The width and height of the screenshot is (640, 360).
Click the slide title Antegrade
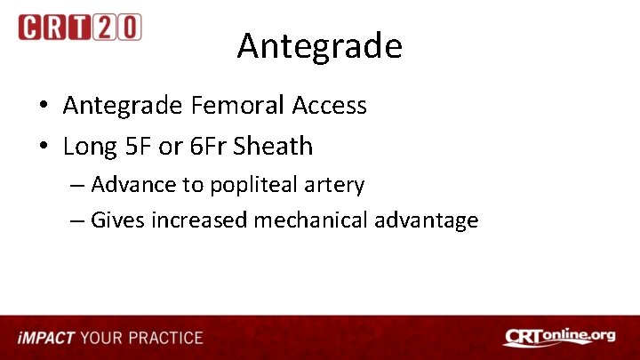pos(319,46)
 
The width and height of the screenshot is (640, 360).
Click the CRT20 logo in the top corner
pos(79,27)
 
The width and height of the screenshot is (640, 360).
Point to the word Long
pos(91,146)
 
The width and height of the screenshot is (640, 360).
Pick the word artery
pos(333,186)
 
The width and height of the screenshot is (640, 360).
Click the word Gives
pos(117,220)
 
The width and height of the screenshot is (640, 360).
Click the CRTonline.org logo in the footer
pos(558,337)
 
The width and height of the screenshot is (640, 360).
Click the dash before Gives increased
pos(76,220)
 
